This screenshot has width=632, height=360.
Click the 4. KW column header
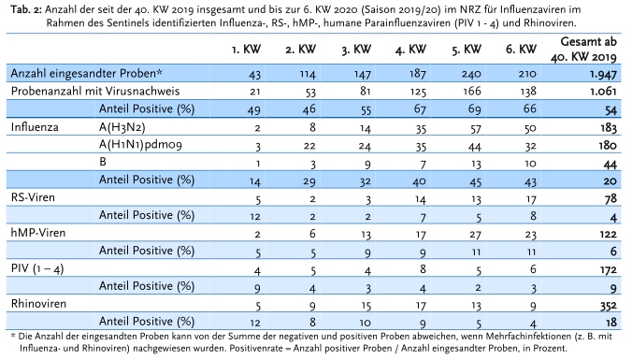click(410, 50)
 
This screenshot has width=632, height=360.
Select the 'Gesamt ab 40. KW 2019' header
click(585, 50)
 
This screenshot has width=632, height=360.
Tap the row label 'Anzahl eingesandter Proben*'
click(86, 73)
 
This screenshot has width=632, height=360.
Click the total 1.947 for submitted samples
click(603, 74)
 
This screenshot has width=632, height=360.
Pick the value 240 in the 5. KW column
click(471, 74)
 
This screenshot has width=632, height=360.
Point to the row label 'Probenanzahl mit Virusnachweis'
click(95, 91)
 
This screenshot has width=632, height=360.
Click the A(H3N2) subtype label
click(122, 127)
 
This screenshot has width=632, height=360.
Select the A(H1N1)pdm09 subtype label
click(140, 145)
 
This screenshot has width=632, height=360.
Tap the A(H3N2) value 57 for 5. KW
click(476, 128)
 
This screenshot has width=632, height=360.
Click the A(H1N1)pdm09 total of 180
click(608, 145)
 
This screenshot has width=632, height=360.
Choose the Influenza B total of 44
click(610, 164)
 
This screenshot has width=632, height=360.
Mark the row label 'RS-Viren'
click(33, 197)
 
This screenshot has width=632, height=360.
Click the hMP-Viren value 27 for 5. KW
click(476, 234)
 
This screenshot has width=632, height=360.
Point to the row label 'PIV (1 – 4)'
click(37, 269)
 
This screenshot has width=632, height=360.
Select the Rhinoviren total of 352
click(609, 305)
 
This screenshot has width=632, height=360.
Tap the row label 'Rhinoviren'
click(38, 304)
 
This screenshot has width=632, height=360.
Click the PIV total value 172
click(609, 269)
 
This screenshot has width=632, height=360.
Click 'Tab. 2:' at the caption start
click(26, 9)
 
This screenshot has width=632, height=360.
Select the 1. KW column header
click(246, 50)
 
